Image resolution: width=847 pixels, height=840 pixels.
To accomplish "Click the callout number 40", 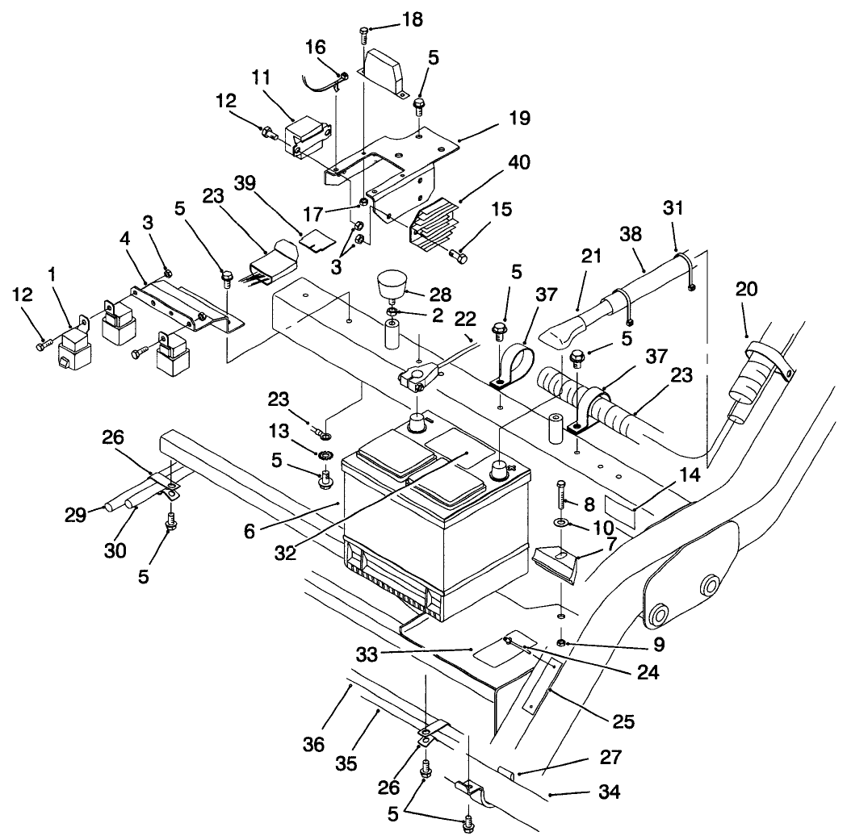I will [497, 162].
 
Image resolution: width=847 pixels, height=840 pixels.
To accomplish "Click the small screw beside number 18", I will [365, 33].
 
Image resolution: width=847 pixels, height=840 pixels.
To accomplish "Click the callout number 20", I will [746, 288].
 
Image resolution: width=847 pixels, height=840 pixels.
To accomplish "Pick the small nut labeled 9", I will [560, 642].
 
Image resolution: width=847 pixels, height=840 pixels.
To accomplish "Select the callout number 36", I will [314, 743].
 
